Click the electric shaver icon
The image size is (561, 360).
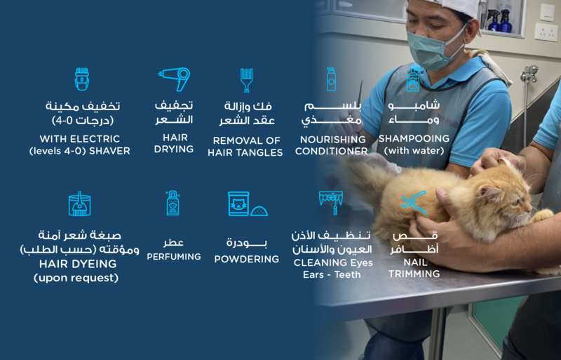click(82, 79)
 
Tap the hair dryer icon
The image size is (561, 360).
click(174, 79)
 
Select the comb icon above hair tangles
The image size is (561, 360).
click(246, 79)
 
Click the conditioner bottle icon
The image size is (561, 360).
click(331, 79)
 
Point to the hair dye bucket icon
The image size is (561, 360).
click(79, 203)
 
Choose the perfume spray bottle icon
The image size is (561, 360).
click(173, 203)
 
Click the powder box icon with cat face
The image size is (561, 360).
click(240, 204)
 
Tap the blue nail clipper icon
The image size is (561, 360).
click(414, 202)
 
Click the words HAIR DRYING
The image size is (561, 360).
click(174, 143)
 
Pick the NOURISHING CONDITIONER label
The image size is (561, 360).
click(332, 145)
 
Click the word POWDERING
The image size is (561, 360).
click(247, 259)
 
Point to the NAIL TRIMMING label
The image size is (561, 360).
click(414, 267)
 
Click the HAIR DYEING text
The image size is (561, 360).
click(76, 265)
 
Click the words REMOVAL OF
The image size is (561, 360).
click(246, 140)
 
